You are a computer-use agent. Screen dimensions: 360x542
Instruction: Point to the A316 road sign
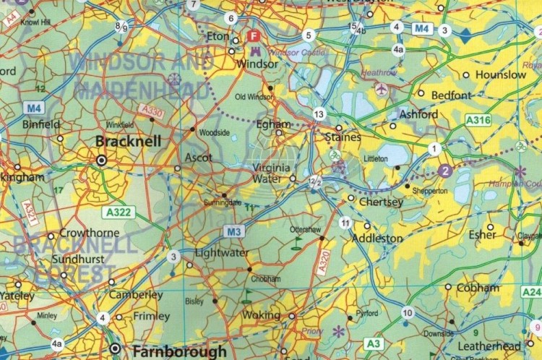coord(479,120)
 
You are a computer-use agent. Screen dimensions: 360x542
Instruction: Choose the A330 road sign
coord(153,111)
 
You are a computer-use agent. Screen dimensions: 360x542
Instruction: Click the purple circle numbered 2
coord(445,171)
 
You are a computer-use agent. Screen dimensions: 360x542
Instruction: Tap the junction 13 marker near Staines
coord(319,114)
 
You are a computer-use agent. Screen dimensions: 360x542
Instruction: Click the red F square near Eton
coord(254,35)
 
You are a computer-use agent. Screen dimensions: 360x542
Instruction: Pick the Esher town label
coord(483,234)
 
